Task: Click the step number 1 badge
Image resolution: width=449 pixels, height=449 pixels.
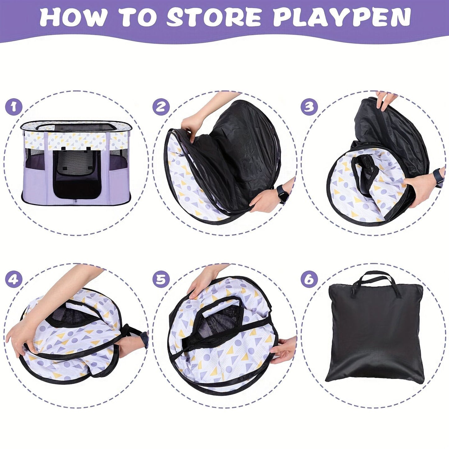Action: pos(14,107)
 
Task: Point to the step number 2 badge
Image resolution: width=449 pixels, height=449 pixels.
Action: pos(161,107)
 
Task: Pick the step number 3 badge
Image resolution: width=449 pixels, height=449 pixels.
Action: pos(309,107)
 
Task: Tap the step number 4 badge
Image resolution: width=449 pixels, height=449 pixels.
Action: pos(14,279)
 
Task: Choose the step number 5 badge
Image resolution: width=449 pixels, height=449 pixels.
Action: pos(161,279)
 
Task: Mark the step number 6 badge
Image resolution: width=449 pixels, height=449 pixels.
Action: pos(309,279)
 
